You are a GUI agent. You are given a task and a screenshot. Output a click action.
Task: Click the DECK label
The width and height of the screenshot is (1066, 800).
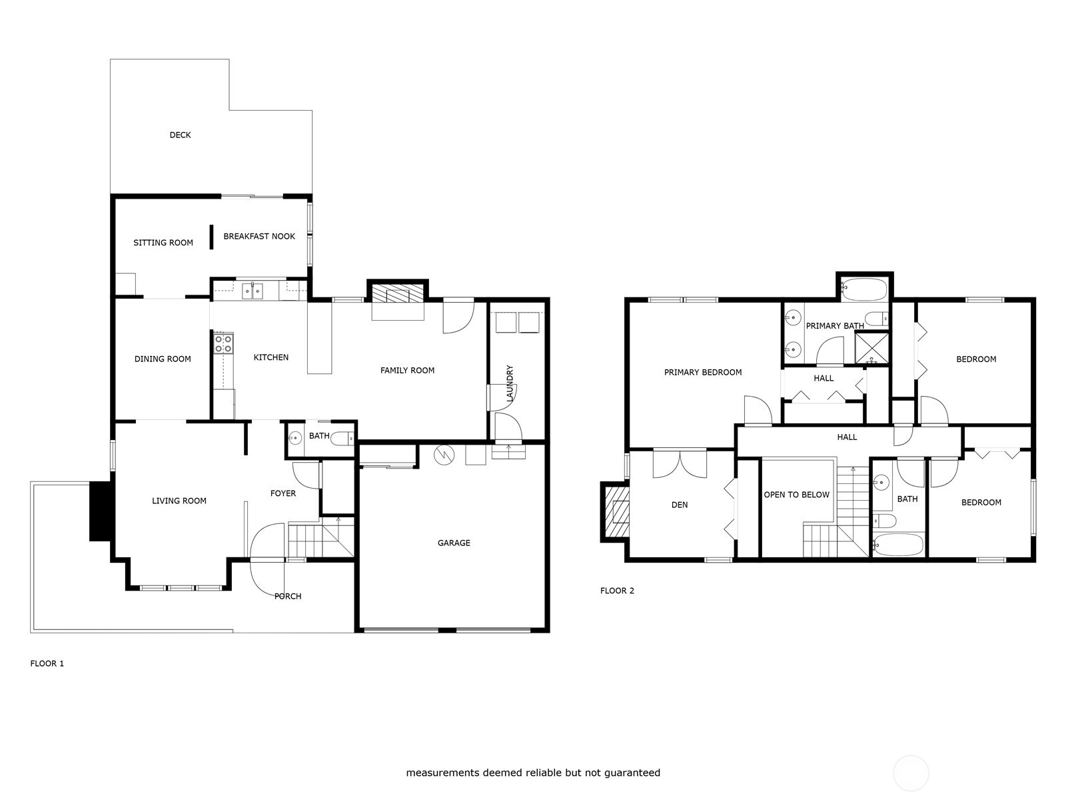point(180,135)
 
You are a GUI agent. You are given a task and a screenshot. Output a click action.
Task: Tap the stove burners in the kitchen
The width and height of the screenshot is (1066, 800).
point(223,343)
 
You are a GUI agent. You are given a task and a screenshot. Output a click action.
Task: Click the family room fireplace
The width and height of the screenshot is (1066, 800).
point(397,295)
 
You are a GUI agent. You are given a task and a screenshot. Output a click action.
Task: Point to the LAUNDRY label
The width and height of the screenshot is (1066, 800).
point(510,383)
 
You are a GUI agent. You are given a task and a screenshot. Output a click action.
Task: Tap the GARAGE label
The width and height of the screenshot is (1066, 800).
point(454,543)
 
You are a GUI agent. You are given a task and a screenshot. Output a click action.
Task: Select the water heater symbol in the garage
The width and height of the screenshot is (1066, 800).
point(442,455)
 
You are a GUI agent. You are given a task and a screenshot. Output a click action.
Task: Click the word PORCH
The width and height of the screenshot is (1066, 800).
point(288,597)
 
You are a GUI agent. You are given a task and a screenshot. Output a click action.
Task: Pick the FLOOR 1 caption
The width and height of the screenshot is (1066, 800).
point(47,664)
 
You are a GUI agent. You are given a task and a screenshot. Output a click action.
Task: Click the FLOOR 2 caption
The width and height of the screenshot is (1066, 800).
point(617,591)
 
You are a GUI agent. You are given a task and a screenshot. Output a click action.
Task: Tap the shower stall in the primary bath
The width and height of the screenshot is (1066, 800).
point(871,347)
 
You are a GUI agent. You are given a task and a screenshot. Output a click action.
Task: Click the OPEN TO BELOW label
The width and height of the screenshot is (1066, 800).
point(796,495)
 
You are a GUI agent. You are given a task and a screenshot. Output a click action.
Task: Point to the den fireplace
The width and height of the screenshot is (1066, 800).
point(616,512)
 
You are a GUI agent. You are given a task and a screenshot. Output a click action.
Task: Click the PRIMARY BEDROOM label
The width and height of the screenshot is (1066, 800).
point(702,373)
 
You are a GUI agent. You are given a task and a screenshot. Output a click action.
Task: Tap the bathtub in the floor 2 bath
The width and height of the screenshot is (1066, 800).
point(898,545)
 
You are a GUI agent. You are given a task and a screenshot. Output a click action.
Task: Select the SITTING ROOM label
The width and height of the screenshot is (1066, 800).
point(163,243)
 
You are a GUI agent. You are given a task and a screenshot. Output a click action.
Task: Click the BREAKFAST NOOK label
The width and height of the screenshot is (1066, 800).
point(259,237)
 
